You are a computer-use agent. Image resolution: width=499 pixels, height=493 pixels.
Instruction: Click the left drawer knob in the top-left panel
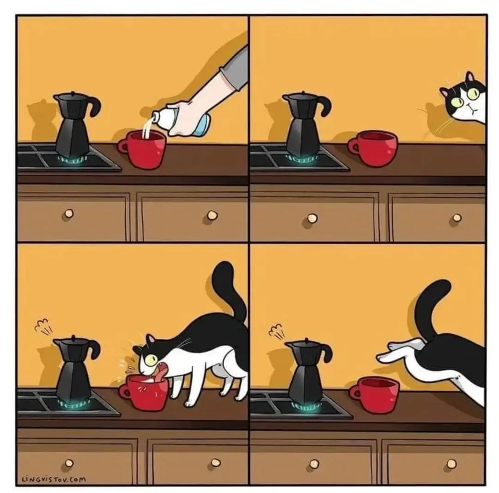coord(69,213)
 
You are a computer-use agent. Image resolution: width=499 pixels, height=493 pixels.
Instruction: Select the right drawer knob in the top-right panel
coord(457,218)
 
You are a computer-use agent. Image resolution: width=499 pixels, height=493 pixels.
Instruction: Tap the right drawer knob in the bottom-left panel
coord(216,462)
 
